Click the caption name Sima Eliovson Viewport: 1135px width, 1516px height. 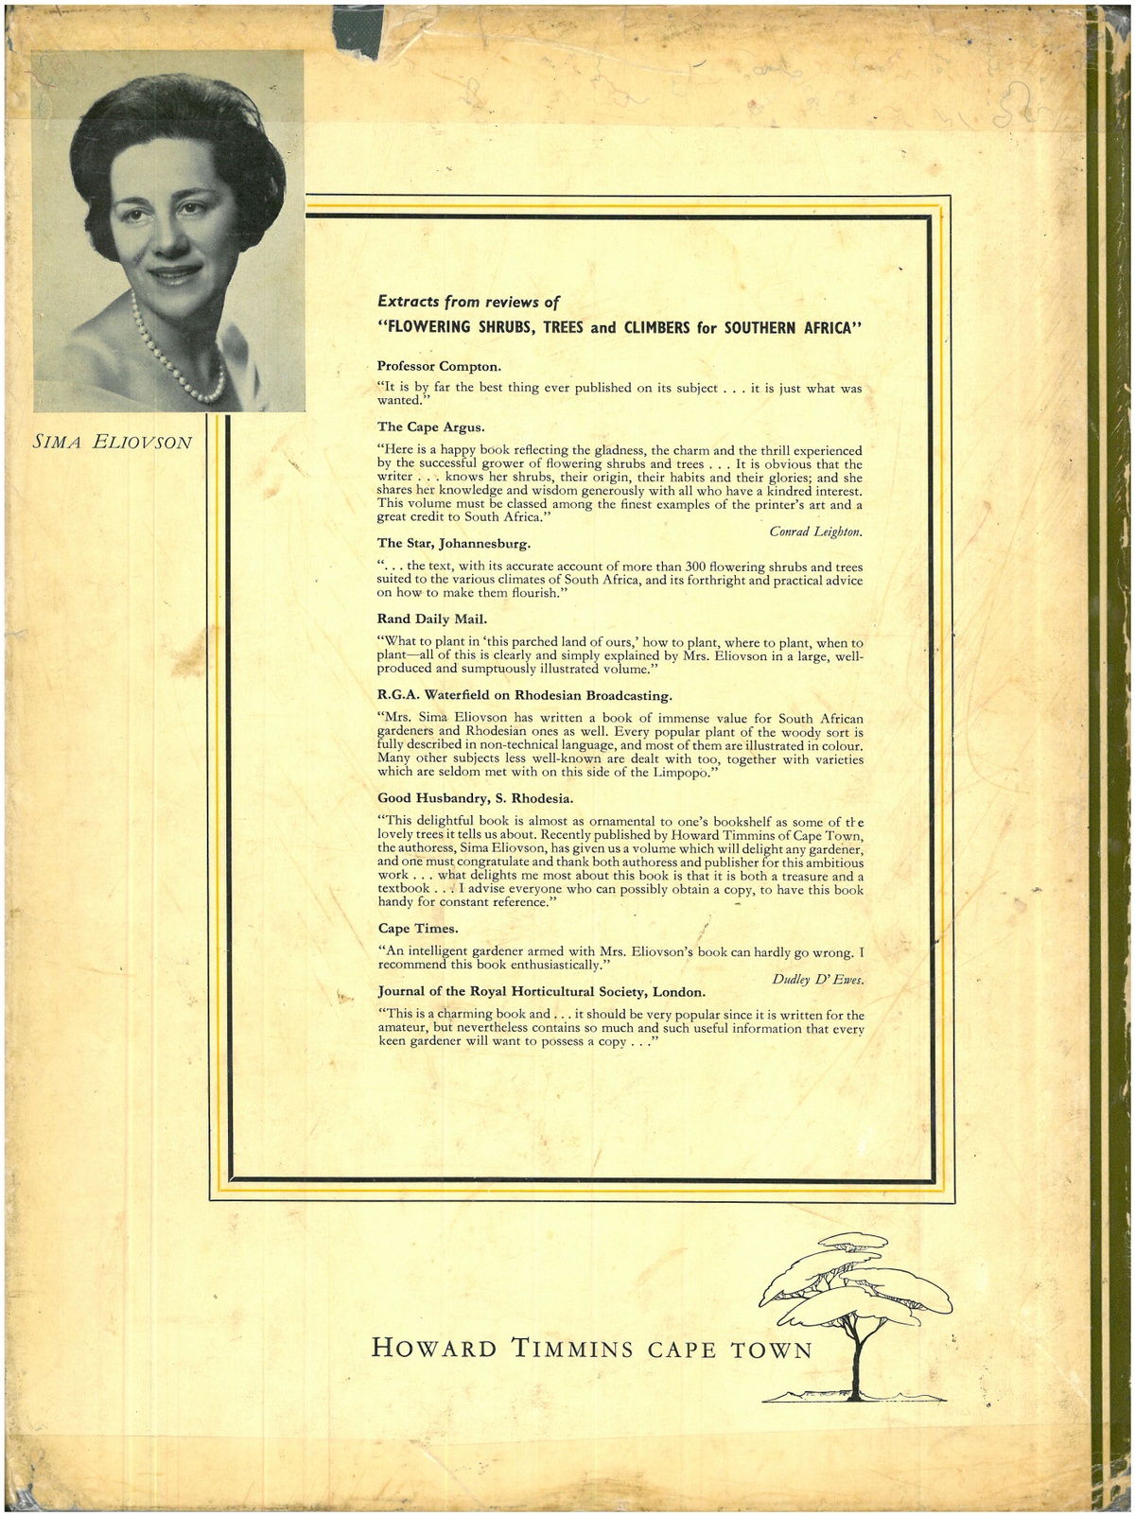[113, 442]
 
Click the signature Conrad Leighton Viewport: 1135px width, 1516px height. [815, 531]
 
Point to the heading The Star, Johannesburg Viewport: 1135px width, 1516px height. [454, 543]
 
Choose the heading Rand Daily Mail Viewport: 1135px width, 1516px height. [432, 619]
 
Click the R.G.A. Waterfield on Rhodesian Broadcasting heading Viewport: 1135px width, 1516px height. [524, 695]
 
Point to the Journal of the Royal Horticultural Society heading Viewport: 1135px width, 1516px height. [541, 991]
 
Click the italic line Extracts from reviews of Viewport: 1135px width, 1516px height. [468, 302]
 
